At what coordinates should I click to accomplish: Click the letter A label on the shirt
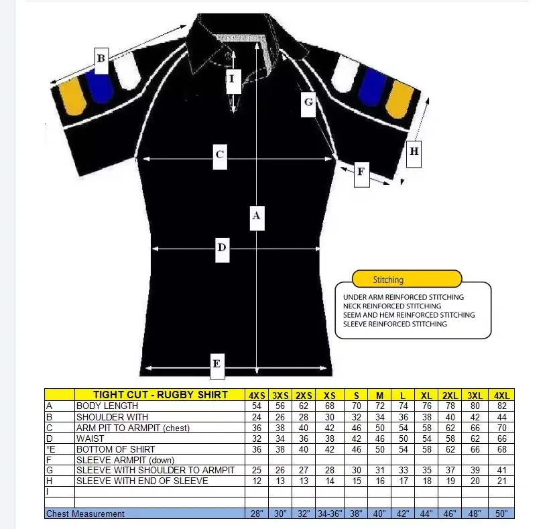(255, 217)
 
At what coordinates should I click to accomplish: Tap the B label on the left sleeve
(101, 58)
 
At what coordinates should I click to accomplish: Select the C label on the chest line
(219, 155)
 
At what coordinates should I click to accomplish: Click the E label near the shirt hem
(217, 364)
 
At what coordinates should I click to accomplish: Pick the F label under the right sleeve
(360, 172)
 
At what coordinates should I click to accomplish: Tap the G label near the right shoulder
(308, 102)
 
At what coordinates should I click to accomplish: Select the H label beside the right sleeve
(414, 151)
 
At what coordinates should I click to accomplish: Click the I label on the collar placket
(232, 78)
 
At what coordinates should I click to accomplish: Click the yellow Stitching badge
(407, 279)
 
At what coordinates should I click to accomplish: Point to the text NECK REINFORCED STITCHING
(392, 306)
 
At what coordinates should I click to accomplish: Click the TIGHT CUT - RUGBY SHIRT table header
(160, 395)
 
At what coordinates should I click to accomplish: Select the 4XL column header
(501, 395)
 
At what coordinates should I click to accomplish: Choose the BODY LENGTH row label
(107, 406)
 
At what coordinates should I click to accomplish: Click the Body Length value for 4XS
(256, 406)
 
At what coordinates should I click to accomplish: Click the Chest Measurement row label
(85, 514)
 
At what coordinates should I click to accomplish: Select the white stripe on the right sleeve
(347, 73)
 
